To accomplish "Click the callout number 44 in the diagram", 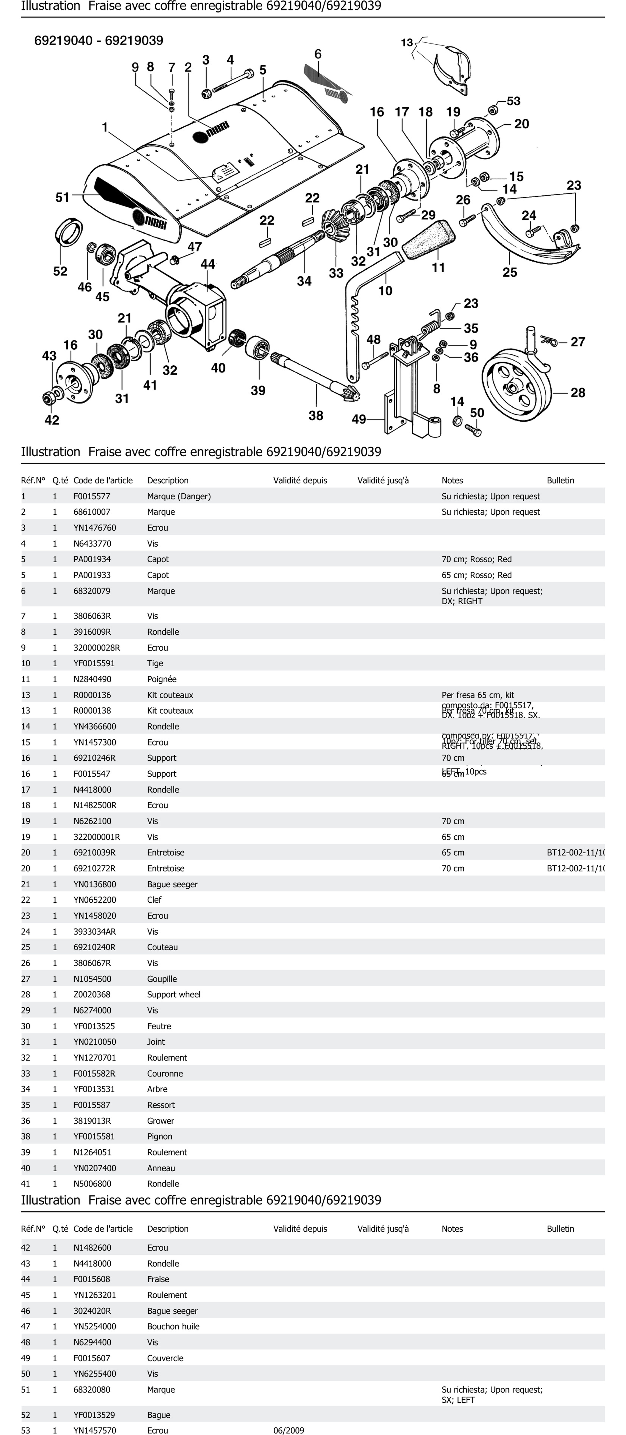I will pos(207,264).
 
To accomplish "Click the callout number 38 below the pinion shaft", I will pos(315,416).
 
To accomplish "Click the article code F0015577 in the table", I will pos(92,496).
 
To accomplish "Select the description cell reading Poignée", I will pos(162,679).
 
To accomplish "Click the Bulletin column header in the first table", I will pos(560,480).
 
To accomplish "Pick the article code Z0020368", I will pos(92,994).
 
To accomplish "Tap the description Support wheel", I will pos(173,994).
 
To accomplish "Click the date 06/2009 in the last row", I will pos(288,1430).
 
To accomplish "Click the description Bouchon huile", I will pos(173,1326).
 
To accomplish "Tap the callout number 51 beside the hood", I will pos(62,197).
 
